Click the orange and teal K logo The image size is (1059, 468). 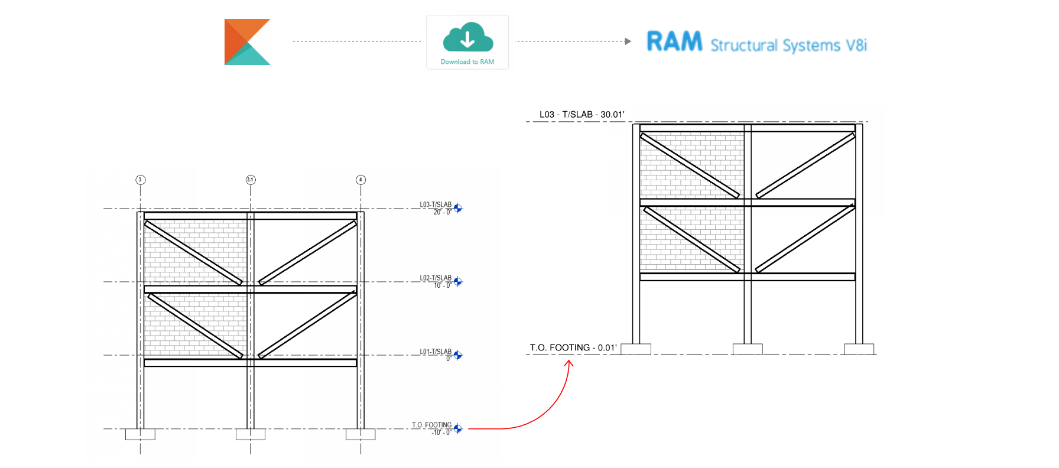point(247,42)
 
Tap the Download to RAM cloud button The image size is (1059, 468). point(467,42)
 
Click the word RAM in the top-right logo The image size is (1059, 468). point(674,42)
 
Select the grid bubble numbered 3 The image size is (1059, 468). point(140,180)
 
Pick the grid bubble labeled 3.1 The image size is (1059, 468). point(251,180)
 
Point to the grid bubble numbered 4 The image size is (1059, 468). point(360,180)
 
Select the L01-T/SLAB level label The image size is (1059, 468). point(436,352)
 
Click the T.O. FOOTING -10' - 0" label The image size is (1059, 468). point(432,428)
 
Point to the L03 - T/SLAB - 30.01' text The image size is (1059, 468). point(582,115)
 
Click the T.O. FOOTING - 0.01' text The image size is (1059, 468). point(573,347)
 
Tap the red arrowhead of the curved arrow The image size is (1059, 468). point(569,363)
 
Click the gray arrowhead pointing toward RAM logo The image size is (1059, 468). point(628,41)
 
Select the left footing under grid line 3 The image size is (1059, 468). point(140,434)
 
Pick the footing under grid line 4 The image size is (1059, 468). point(360,434)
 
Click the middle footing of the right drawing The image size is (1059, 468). point(748,349)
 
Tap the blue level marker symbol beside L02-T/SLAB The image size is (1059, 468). point(458,282)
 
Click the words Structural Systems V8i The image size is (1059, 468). point(788,45)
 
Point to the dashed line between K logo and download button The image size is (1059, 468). point(356,41)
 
